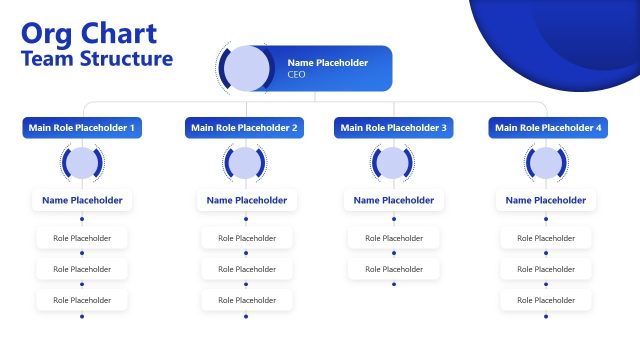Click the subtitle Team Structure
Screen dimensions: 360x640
96,59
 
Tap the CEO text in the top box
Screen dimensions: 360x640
296,75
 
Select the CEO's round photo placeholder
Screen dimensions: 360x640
245,69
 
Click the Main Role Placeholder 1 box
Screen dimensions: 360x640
83,128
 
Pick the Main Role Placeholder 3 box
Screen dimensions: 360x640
394,128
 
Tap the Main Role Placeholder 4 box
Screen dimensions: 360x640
545,128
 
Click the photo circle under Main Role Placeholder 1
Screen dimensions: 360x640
82,163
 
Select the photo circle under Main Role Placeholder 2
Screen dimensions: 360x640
245,163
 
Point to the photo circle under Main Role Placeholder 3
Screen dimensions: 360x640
393,163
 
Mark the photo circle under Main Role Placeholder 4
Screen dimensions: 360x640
545,163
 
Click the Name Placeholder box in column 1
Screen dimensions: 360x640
82,200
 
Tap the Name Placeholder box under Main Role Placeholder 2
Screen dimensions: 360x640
246,200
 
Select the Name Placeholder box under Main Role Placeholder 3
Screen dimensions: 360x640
393,200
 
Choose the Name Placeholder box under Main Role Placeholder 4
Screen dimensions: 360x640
546,200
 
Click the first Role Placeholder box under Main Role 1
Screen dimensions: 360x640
82,238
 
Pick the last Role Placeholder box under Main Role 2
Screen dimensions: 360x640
246,300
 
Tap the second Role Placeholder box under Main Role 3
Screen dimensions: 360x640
393,269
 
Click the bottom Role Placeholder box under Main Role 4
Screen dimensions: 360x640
546,300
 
